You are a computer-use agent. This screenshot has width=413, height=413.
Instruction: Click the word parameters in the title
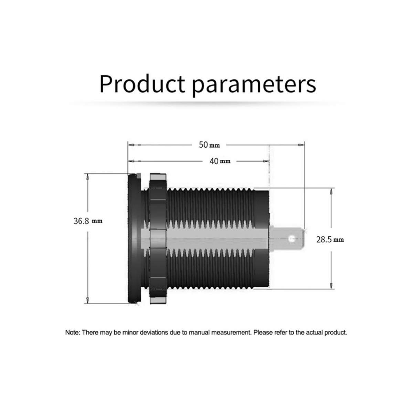tap(254, 85)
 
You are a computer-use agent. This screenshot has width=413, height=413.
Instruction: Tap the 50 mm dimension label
tap(209, 145)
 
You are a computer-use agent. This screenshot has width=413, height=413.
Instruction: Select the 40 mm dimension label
tap(220, 161)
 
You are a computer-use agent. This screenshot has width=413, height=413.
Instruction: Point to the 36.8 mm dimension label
tap(88, 221)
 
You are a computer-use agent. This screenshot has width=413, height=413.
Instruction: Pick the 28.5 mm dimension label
tap(330, 240)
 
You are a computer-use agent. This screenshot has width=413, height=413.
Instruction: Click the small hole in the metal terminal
tap(291, 239)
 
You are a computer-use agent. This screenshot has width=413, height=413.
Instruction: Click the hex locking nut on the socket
tap(158, 238)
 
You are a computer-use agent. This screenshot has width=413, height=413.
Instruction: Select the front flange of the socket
tap(134, 238)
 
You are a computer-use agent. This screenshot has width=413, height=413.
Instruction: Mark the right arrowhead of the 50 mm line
tap(301, 145)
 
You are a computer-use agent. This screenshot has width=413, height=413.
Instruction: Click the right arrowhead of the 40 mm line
tap(266, 161)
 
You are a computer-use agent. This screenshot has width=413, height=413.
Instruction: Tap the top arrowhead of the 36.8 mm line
tap(87, 177)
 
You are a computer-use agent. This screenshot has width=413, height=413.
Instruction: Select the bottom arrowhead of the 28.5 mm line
tap(331, 285)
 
